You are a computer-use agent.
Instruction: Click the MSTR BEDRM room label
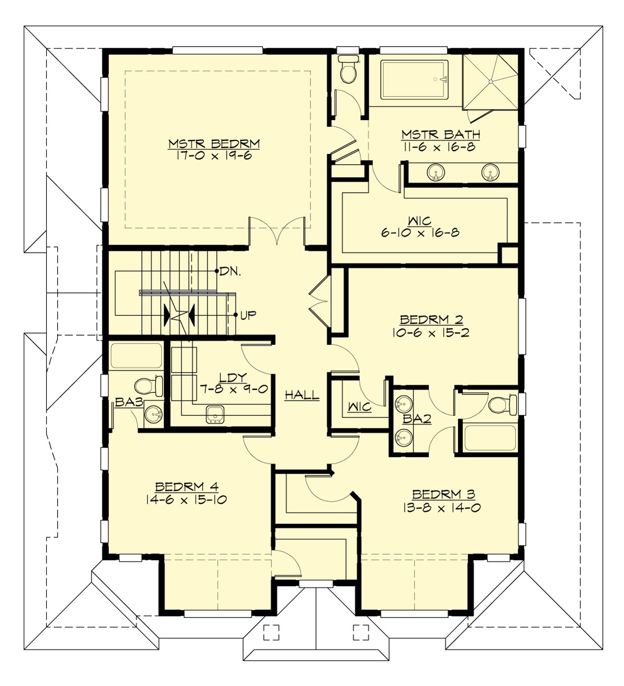(214, 143)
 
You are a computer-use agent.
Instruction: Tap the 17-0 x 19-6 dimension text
(214, 155)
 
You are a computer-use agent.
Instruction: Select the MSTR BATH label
(440, 135)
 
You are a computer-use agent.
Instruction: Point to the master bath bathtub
(414, 80)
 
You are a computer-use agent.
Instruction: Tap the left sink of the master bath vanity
(436, 172)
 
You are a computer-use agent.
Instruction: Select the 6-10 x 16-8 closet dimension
(420, 233)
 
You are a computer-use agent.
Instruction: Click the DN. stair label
(230, 271)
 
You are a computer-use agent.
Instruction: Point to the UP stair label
(248, 315)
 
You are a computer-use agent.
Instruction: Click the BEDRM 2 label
(431, 320)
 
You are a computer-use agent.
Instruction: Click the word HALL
(302, 395)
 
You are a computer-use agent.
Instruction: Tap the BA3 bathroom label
(128, 402)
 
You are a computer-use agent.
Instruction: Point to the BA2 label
(417, 418)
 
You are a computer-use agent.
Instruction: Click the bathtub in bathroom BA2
(490, 438)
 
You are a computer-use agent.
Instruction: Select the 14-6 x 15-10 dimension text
(187, 500)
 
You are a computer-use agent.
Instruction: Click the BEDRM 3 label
(443, 494)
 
